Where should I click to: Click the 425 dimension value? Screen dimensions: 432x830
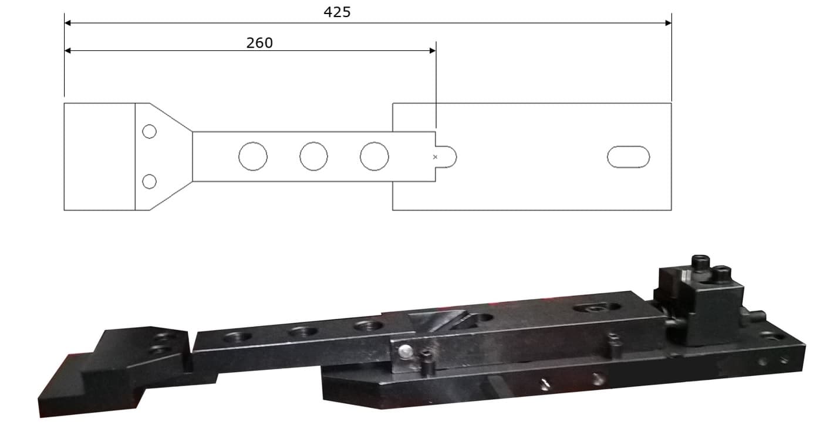337,12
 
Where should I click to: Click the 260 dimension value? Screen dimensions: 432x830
259,43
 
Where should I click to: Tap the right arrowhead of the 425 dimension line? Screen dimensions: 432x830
667,23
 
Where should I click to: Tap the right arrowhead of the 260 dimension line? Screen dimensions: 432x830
432,50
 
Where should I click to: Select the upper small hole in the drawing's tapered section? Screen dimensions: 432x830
149,131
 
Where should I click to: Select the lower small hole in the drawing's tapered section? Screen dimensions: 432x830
149,182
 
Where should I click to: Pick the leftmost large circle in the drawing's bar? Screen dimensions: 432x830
253,157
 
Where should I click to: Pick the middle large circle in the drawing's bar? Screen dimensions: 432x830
313,157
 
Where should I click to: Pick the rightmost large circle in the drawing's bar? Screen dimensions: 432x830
374,157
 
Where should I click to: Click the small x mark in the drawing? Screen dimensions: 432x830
435,157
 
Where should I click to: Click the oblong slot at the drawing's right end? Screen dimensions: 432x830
628,157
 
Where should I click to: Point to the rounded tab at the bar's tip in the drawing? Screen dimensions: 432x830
447,157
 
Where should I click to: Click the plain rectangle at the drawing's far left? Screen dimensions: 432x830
99,157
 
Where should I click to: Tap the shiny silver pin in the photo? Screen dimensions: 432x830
404,352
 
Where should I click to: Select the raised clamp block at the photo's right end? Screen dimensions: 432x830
701,305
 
